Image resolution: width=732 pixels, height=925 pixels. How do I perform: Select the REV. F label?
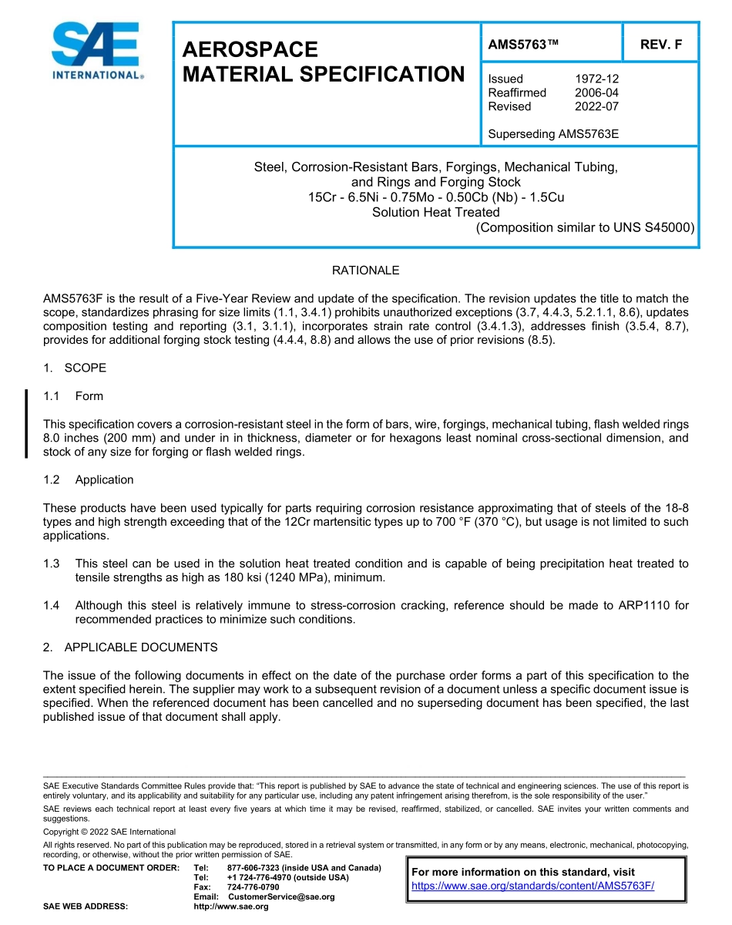(660, 45)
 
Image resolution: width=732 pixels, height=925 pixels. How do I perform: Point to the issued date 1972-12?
(596, 79)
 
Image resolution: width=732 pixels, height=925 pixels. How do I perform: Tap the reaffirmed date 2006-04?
(596, 92)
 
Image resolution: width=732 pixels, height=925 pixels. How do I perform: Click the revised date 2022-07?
(596, 106)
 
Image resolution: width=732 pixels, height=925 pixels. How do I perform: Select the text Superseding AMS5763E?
(553, 134)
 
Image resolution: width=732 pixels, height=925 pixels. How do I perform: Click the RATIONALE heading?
(365, 271)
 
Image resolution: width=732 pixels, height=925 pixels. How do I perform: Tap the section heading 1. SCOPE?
(75, 368)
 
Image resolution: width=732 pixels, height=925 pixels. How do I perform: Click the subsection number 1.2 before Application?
(52, 479)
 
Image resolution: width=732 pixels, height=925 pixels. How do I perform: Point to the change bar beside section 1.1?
(27, 424)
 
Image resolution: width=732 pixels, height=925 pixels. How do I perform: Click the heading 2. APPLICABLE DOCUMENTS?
(130, 647)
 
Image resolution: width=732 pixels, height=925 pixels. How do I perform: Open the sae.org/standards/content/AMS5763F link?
(532, 886)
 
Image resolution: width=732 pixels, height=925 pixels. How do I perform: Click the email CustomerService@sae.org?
(281, 896)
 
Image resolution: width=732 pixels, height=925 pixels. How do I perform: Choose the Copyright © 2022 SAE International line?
(109, 832)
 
